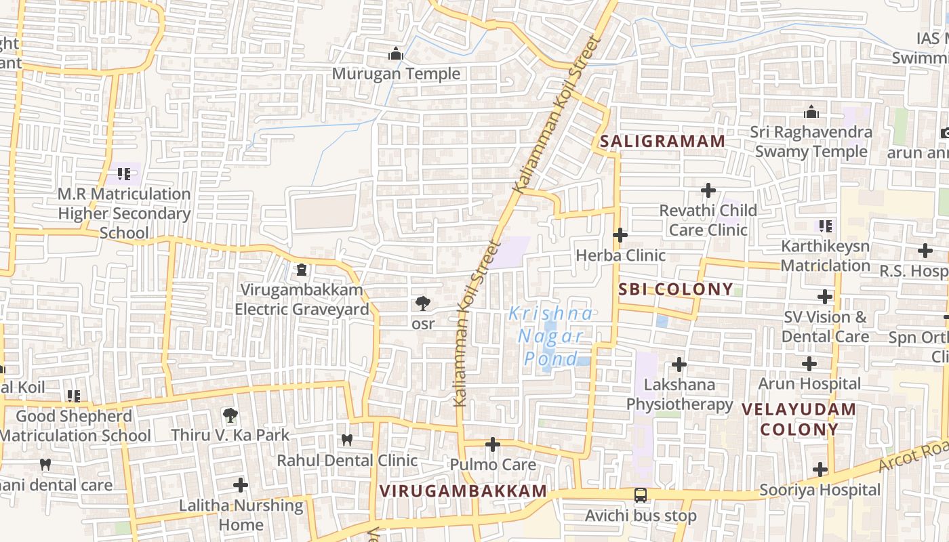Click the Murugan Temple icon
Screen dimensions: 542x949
(396, 54)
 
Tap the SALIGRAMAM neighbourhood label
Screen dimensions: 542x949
(662, 142)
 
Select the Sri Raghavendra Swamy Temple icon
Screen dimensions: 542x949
(811, 112)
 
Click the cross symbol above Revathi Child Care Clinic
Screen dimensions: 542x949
(708, 190)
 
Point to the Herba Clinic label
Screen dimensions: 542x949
(620, 255)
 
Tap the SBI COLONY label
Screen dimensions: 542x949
(676, 289)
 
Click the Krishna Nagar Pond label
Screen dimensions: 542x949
(551, 336)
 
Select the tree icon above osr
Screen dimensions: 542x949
(423, 304)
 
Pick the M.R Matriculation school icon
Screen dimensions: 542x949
(123, 174)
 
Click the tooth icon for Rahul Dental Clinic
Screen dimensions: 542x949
(347, 440)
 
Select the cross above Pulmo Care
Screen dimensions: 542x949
(493, 445)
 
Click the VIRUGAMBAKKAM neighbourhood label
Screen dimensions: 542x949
(463, 491)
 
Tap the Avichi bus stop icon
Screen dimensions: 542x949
(641, 495)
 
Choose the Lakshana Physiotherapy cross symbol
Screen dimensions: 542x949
(679, 365)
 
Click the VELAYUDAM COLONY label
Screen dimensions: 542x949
(799, 419)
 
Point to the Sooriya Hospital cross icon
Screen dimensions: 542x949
(820, 470)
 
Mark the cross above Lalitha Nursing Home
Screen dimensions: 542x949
(241, 485)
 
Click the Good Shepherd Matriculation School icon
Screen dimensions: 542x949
(73, 396)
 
